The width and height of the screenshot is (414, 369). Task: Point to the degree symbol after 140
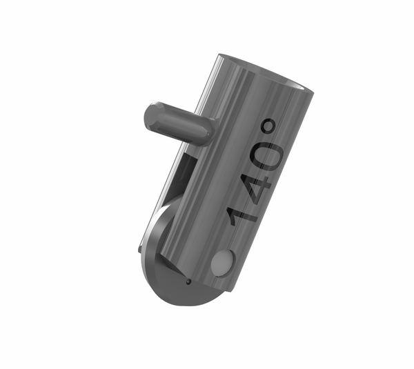pyautogui.click(x=270, y=128)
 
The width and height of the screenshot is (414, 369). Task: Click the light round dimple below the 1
pyautogui.click(x=222, y=263)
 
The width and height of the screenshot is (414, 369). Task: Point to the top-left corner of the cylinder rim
pyautogui.click(x=219, y=56)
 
